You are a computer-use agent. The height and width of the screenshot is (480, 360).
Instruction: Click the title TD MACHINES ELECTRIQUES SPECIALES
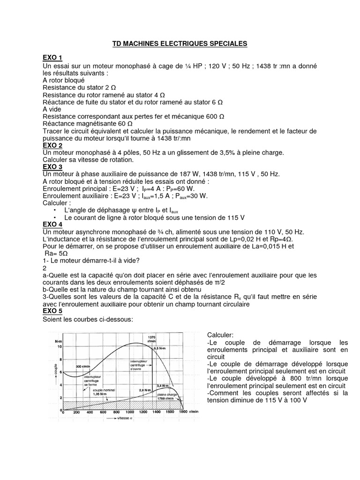click(x=180, y=44)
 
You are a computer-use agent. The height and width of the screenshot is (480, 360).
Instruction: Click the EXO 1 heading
click(x=52, y=58)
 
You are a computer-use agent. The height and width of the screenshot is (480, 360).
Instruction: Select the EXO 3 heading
click(x=52, y=166)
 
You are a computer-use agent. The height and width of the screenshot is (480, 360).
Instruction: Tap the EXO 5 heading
click(x=52, y=311)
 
